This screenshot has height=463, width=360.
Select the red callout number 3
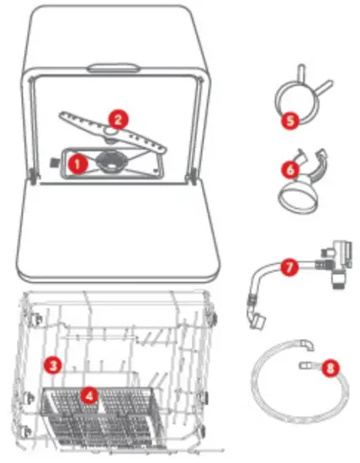pyautogui.click(x=52, y=365)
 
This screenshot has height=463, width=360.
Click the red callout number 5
pyautogui.click(x=288, y=120)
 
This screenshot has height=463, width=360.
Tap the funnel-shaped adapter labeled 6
pyautogui.click(x=296, y=194)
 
